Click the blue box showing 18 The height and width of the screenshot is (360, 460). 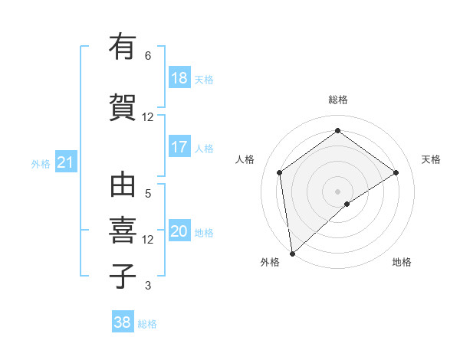pos(179,78)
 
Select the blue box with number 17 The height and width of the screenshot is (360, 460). pos(179,147)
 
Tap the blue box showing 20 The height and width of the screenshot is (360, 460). pos(179,231)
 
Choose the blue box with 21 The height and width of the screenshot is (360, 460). pos(65,162)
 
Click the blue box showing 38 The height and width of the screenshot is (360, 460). pos(123,323)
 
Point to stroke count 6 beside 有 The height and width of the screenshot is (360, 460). pos(148,55)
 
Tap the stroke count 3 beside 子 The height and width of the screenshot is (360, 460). pos(148,286)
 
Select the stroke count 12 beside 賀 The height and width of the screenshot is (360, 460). pos(148,117)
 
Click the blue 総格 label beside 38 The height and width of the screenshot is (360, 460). pos(147,324)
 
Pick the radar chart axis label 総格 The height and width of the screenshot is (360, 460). pos(337,100)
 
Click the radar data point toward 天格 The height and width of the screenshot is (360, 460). pos(396,172)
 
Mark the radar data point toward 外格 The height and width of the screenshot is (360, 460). pos(291,253)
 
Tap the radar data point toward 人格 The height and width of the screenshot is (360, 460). pos(279,172)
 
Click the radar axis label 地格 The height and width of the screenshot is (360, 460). pos(402,262)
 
